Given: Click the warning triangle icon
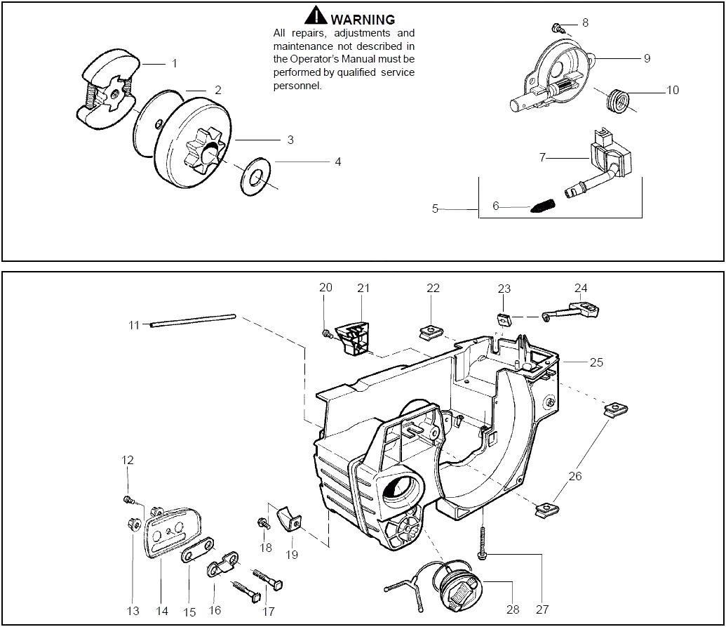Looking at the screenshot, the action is pyautogui.click(x=316, y=15).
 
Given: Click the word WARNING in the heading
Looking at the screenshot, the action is pyautogui.click(x=363, y=20).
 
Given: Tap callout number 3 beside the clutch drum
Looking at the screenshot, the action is pyautogui.click(x=290, y=140).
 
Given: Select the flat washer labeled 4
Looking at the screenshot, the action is pyautogui.click(x=255, y=176).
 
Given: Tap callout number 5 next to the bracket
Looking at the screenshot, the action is pyautogui.click(x=435, y=209).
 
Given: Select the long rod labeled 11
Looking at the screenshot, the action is pyautogui.click(x=193, y=321).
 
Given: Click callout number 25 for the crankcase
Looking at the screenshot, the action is pyautogui.click(x=596, y=362).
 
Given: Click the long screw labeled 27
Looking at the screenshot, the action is pyautogui.click(x=483, y=542).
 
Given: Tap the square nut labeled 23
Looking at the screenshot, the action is pyautogui.click(x=504, y=319).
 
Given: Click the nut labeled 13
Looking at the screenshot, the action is pyautogui.click(x=134, y=524).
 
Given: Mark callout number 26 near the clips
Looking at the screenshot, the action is pyautogui.click(x=574, y=476).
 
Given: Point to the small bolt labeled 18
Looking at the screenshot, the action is pyautogui.click(x=264, y=524).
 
